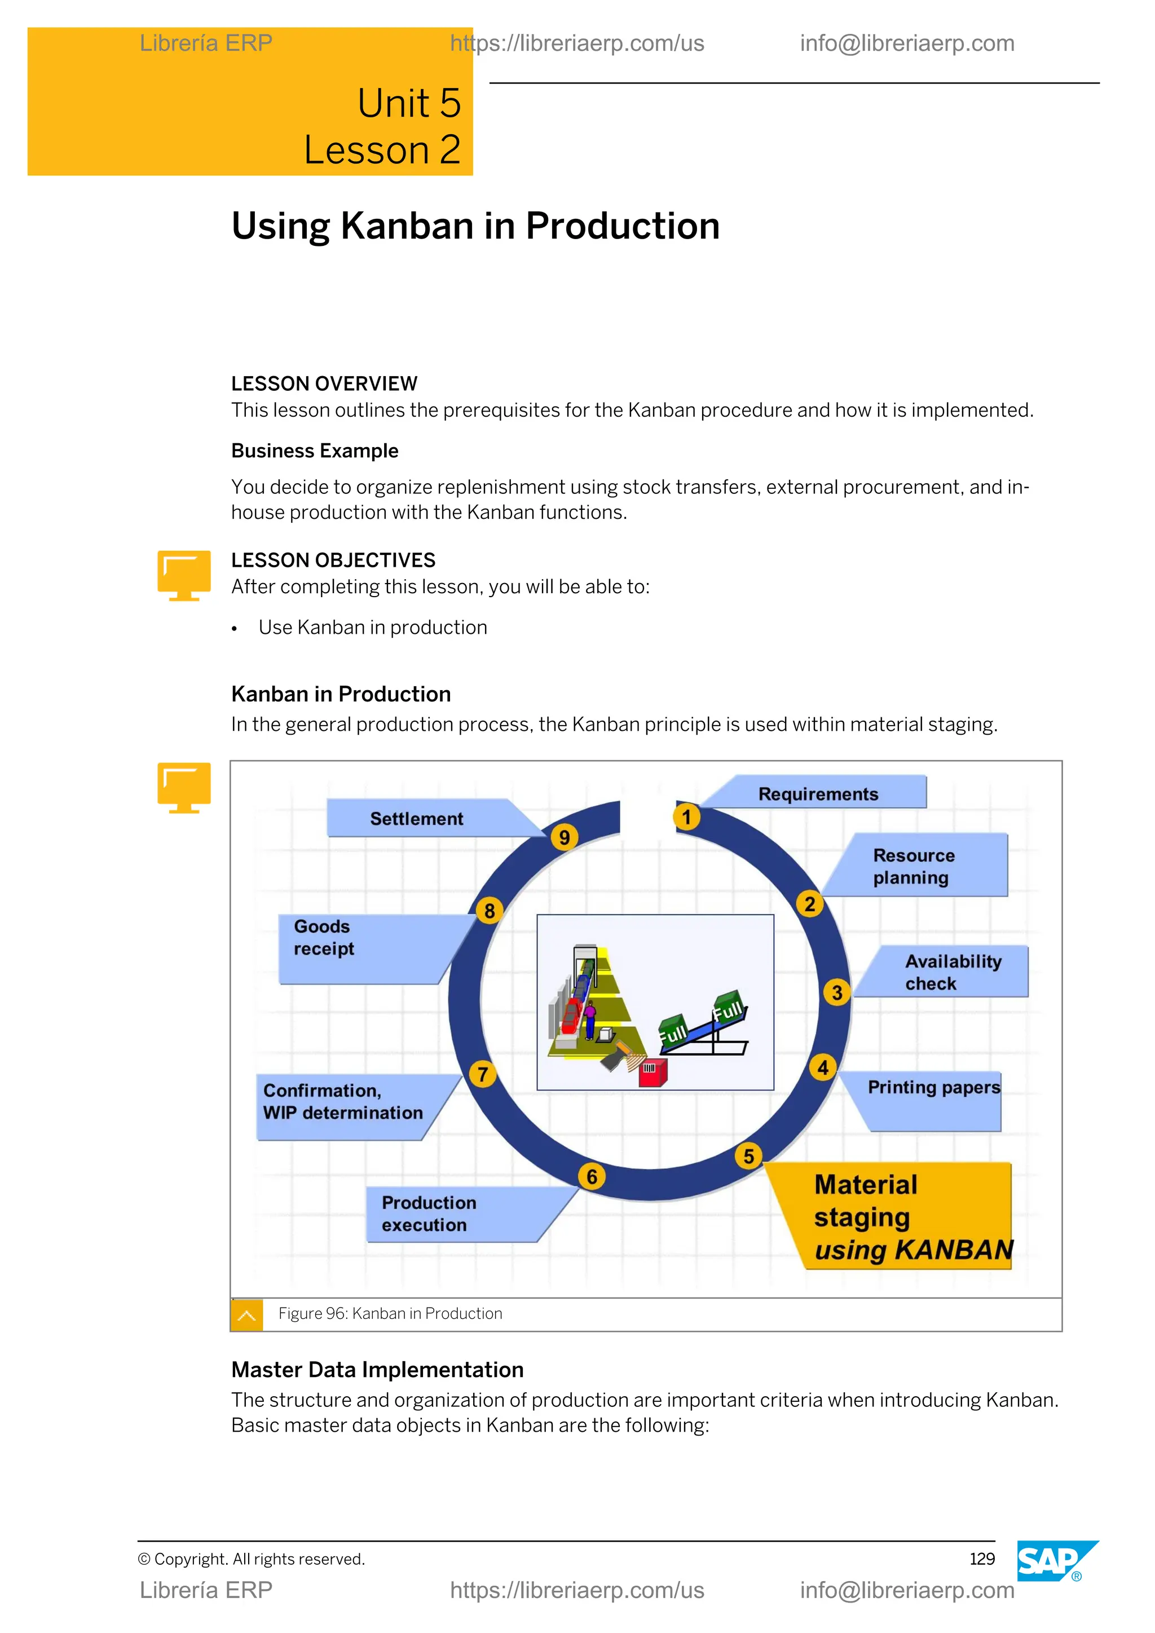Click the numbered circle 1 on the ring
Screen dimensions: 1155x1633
click(x=686, y=816)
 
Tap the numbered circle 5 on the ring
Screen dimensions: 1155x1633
click(x=748, y=1156)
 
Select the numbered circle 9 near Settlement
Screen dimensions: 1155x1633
click(x=564, y=837)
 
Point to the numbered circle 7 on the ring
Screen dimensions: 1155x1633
click(x=483, y=1074)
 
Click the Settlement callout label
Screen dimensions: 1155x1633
click(x=417, y=819)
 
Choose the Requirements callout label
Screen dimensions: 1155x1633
click(x=818, y=794)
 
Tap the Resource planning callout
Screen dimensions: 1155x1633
click(x=914, y=866)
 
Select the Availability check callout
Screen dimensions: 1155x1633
click(x=953, y=972)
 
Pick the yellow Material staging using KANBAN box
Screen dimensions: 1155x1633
click(x=900, y=1217)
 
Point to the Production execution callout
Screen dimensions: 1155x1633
click(x=429, y=1213)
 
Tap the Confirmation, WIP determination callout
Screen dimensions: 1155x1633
click(x=343, y=1102)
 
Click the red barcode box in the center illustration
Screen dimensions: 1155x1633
click(x=651, y=1072)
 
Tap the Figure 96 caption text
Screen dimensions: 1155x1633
click(x=390, y=1314)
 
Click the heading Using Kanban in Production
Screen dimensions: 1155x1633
click(x=475, y=226)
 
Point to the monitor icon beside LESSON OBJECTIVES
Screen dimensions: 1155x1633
click(x=183, y=575)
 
